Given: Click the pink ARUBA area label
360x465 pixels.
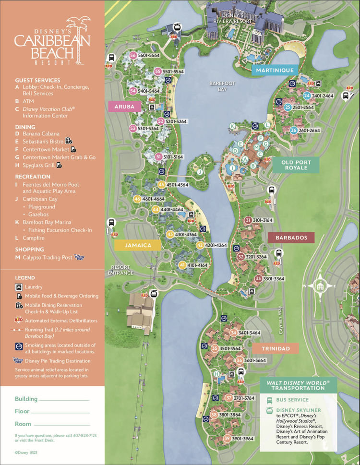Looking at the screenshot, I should [124, 107].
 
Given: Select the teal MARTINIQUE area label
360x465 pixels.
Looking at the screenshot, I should [275, 71].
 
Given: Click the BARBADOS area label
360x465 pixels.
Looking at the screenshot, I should [291, 238].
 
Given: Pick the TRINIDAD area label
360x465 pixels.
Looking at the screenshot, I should [276, 348].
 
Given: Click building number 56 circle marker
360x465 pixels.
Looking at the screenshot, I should [133, 56].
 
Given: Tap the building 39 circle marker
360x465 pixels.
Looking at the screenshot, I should [227, 438].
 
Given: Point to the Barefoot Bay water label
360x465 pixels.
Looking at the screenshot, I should [222, 86].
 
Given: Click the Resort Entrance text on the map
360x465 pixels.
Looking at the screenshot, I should [120, 270].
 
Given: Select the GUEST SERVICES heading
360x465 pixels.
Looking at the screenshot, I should [37, 80].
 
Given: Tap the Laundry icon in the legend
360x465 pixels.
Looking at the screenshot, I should [18, 287].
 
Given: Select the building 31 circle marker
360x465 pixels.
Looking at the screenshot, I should [248, 220].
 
